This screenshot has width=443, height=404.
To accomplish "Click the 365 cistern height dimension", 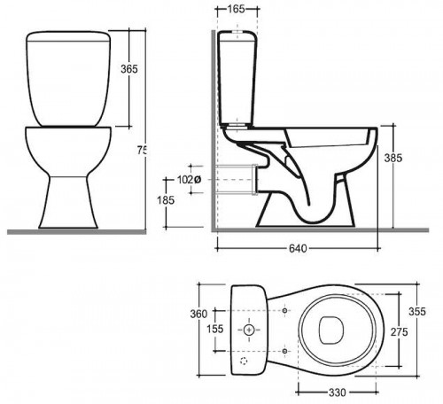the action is click(129, 69).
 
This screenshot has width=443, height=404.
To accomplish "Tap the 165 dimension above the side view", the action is click(237, 9).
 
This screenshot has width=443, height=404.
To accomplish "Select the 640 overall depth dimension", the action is click(298, 249).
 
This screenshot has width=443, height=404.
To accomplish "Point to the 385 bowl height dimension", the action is click(393, 158).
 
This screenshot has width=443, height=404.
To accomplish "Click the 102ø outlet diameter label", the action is click(189, 179).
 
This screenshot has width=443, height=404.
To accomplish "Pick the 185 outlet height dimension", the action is click(166, 200).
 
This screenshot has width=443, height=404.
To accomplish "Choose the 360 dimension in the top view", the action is click(198, 314).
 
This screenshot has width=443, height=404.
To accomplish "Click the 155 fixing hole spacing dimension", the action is click(215, 329).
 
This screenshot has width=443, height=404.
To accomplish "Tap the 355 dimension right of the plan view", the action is click(417, 311).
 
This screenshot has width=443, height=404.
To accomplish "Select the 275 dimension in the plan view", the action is click(400, 332).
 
